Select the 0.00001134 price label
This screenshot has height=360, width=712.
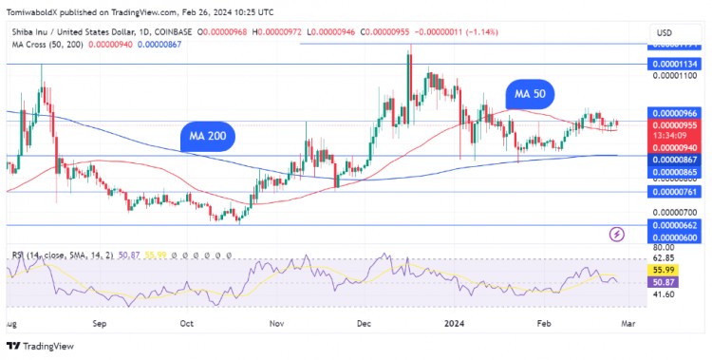[x=674, y=65]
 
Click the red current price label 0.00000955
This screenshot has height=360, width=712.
[x=674, y=124]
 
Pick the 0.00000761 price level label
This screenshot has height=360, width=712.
[x=674, y=191]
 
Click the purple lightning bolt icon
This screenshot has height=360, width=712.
[x=617, y=234]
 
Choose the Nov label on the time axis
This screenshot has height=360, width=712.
[x=276, y=323]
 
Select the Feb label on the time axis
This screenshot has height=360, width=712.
[x=543, y=323]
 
